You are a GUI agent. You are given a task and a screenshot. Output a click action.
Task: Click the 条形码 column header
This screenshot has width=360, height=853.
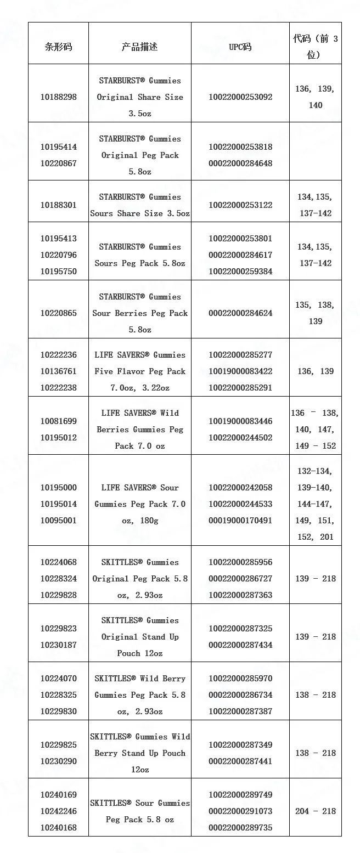(x=58, y=47)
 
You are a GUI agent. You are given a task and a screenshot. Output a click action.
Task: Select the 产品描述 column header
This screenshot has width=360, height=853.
(x=139, y=47)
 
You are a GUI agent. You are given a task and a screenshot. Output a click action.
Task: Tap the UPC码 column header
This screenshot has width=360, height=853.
(x=240, y=47)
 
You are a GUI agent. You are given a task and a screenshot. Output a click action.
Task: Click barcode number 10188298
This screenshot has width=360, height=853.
(x=58, y=97)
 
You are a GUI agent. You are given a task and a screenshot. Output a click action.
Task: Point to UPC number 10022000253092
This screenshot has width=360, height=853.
(x=240, y=97)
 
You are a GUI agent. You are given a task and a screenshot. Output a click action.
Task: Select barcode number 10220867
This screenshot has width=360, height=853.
(x=58, y=163)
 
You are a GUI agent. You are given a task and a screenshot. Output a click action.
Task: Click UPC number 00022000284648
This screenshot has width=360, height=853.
(x=240, y=163)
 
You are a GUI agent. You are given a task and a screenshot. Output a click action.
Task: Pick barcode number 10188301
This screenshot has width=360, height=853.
(x=58, y=205)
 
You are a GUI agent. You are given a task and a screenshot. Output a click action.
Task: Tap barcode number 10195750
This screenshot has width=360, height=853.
(x=58, y=272)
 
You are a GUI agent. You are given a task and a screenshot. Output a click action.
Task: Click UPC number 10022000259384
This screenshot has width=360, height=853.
(x=240, y=272)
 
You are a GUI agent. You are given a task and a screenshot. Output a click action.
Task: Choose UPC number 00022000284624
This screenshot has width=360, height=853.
(x=240, y=313)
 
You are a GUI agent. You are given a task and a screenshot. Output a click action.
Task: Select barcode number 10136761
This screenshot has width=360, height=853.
(x=58, y=371)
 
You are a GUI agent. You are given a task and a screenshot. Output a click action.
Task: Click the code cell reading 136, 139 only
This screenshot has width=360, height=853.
(x=315, y=371)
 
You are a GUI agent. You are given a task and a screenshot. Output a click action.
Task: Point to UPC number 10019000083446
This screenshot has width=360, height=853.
(x=240, y=421)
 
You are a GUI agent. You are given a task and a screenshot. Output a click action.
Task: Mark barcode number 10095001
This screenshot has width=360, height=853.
(x=58, y=521)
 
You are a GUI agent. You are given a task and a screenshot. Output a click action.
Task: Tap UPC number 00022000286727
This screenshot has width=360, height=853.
(x=240, y=579)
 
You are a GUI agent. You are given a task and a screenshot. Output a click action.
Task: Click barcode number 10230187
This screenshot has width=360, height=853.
(x=58, y=645)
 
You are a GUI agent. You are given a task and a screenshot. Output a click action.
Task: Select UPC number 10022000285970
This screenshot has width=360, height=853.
(x=240, y=679)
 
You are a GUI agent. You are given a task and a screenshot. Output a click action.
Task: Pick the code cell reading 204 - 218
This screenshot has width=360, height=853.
(x=315, y=811)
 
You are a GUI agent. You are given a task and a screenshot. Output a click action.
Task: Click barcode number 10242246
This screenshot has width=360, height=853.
(x=58, y=811)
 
